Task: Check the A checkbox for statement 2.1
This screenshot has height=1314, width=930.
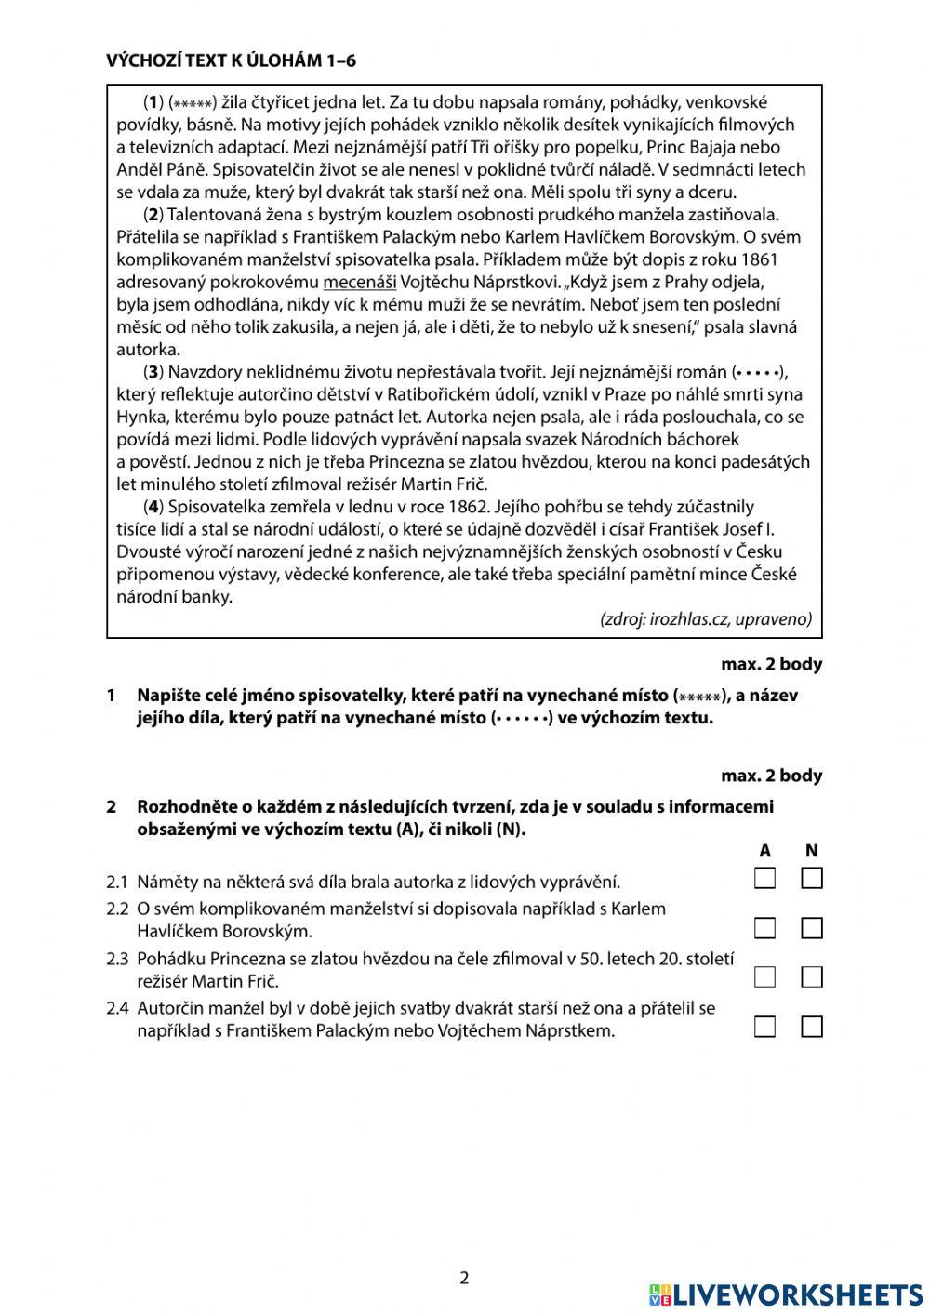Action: click(x=764, y=878)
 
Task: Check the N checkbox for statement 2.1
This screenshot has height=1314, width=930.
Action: click(x=812, y=878)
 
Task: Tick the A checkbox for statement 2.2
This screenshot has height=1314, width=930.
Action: click(x=764, y=928)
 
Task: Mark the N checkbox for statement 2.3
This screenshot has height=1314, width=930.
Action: click(x=812, y=976)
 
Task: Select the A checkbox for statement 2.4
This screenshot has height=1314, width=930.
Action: click(x=764, y=1027)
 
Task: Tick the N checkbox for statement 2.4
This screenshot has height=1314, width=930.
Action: click(x=812, y=1027)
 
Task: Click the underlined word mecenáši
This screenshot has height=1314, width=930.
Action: click(x=360, y=282)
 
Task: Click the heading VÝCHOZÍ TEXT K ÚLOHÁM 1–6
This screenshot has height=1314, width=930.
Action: click(x=232, y=61)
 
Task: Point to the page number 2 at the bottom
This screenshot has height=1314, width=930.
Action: click(x=465, y=1278)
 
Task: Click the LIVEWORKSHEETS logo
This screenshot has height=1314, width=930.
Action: click(x=786, y=1294)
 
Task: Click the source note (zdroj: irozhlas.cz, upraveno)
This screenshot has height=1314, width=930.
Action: click(x=706, y=619)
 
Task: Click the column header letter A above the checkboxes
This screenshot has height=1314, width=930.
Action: click(x=764, y=850)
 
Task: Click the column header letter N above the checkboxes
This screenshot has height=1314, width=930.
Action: click(x=812, y=850)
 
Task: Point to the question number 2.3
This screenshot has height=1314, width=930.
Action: click(x=116, y=958)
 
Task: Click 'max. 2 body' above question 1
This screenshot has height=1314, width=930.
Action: click(x=771, y=665)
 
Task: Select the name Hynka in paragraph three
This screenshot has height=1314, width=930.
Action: click(x=139, y=417)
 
